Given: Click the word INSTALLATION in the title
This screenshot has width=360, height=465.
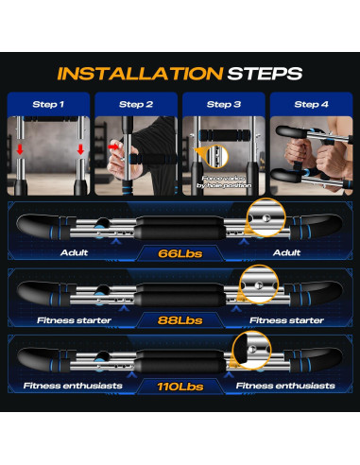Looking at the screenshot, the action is (140, 74).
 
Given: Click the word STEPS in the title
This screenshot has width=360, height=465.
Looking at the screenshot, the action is (265, 74).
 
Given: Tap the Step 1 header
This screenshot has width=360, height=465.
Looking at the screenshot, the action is (48, 104).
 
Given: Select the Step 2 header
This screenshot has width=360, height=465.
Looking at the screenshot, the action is (136, 104).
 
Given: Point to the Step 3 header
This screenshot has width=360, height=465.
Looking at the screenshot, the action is (224, 104).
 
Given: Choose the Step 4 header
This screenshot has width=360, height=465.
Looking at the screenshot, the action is (311, 104).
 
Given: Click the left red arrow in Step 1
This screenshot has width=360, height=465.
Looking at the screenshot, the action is (20, 149).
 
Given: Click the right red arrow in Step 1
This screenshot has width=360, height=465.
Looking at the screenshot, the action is (80, 149).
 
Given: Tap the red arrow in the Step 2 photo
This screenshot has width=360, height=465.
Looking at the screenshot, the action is (113, 146).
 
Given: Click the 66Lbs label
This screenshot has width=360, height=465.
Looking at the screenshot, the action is (180, 253).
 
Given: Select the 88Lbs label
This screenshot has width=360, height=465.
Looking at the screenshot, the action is (180, 320).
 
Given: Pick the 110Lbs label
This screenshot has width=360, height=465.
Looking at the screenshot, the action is (180, 387).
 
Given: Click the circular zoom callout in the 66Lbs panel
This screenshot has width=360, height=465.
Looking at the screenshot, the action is (266, 217).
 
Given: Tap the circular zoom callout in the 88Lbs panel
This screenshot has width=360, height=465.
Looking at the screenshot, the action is (259, 284).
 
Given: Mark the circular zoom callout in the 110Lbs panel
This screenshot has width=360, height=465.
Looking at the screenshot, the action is (251, 350).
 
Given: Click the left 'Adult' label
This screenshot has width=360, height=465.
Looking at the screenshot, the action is (74, 252).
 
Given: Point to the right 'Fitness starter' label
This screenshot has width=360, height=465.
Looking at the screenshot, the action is (286, 320).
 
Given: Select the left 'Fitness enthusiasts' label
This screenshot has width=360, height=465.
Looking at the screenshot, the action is (73, 386).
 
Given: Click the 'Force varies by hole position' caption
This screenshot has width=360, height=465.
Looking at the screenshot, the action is (224, 182).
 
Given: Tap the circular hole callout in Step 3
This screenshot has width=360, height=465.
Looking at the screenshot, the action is (216, 156).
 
